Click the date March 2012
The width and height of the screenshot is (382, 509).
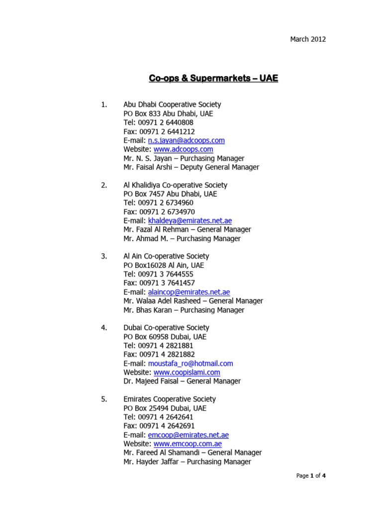point(308,39)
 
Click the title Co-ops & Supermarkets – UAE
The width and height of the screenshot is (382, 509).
point(214,78)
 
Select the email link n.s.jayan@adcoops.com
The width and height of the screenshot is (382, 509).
point(183,141)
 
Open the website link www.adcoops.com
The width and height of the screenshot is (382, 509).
point(183,149)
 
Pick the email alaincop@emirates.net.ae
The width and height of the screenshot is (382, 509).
point(189,292)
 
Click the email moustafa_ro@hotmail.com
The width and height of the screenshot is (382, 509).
point(191,363)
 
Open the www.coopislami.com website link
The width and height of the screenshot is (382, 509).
point(187,372)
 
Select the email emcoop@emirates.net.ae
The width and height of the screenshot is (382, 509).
point(189,435)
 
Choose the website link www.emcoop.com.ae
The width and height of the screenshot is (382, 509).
point(188,444)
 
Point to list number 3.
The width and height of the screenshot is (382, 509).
point(104,256)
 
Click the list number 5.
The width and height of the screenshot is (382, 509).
point(104,399)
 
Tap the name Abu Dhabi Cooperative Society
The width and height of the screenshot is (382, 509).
point(172,105)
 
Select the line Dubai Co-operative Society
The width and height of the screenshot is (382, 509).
point(166,328)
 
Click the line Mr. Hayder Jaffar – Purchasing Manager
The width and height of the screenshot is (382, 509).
point(187,462)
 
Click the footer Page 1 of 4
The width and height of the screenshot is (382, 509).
point(311,476)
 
